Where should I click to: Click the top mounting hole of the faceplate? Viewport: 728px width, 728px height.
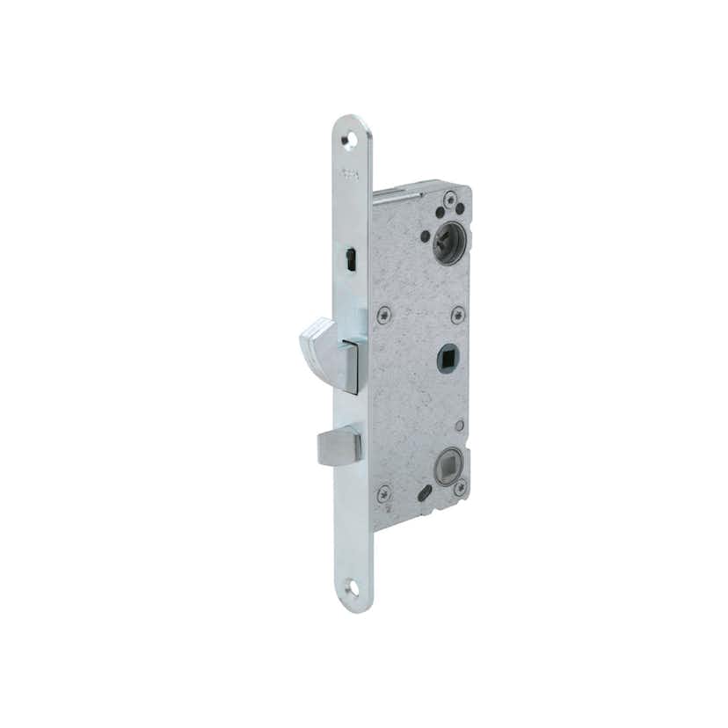tap(350, 141)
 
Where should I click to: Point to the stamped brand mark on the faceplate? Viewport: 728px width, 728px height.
tap(351, 174)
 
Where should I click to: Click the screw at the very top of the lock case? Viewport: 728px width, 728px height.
tap(449, 199)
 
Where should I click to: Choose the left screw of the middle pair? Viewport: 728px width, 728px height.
tap(382, 314)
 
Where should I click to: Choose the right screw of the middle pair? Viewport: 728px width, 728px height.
tap(457, 314)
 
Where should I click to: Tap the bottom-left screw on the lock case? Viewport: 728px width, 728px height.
tap(384, 493)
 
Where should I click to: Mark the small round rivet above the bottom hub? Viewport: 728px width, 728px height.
tap(458, 426)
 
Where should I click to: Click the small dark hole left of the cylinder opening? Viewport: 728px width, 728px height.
tap(426, 236)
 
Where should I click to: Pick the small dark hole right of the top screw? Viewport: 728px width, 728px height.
tap(460, 209)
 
